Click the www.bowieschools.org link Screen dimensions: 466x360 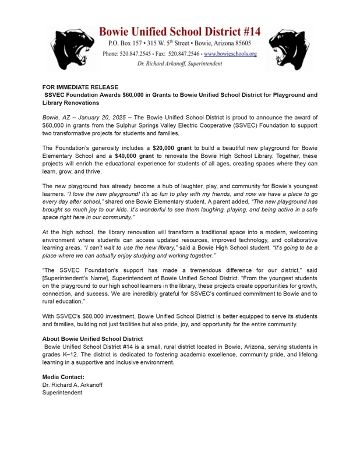tap(230, 54)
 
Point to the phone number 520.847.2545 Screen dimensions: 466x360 tap(139, 54)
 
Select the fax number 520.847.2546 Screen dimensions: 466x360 tap(183, 54)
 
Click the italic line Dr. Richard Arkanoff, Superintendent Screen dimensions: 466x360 tap(179, 63)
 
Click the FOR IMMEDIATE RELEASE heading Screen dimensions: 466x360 tap(80, 87)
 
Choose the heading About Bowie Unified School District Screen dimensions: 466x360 tap(93, 338)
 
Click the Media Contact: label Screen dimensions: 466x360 tap(63, 377)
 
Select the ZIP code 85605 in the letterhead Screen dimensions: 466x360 tap(239, 44)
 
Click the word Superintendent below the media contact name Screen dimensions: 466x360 tap(62, 393)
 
